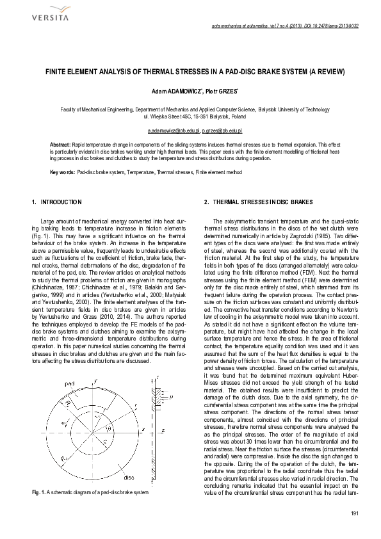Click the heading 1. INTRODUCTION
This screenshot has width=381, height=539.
[x=57, y=203]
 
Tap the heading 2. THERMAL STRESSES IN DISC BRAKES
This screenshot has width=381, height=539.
[x=259, y=203]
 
